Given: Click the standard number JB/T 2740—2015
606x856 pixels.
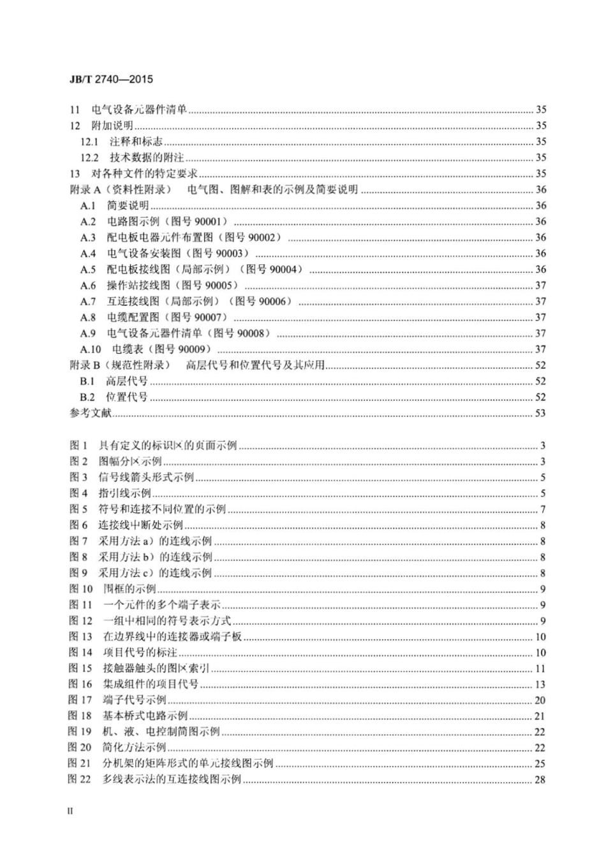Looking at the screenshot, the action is [110, 80].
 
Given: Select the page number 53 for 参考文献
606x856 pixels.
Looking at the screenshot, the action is [540, 413].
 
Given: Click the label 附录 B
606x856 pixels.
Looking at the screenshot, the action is [85, 365].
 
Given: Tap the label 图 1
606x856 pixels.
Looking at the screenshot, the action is [78, 446].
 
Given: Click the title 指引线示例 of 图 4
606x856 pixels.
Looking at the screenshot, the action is [124, 493].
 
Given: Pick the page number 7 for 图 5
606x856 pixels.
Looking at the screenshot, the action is [542, 509].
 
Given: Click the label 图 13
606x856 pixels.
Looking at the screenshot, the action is [80, 637].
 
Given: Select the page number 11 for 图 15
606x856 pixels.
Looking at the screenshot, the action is [540, 669].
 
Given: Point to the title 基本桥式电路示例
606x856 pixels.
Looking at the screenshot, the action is [145, 716].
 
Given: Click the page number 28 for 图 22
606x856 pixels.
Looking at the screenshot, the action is [540, 780].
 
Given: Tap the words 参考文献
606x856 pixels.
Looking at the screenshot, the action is [90, 413].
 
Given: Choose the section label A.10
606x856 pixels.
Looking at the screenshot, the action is [91, 349].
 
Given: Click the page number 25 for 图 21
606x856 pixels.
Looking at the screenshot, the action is [540, 764].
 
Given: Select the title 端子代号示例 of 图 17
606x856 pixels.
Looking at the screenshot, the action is [135, 700].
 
